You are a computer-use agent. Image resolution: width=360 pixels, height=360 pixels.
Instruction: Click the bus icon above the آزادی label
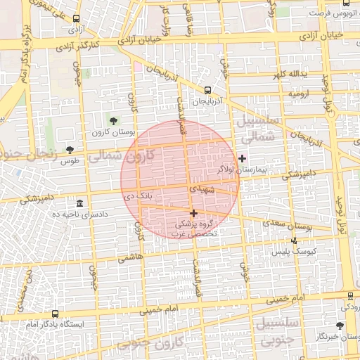tap(76, 20)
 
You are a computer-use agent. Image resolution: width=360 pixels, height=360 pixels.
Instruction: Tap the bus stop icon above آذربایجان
tap(207, 90)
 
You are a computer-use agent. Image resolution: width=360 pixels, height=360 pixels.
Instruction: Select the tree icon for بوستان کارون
tap(113, 122)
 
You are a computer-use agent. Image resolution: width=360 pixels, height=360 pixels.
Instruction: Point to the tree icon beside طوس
tap(70, 150)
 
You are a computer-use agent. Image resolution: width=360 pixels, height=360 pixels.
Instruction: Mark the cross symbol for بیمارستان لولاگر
tap(243, 157)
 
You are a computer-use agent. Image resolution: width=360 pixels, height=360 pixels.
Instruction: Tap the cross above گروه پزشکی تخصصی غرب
tap(193, 212)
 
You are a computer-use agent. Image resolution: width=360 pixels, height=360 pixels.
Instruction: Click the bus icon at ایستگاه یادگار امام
tap(55, 314)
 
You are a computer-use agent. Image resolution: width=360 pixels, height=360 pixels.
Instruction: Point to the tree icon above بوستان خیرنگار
tap(340, 326)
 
